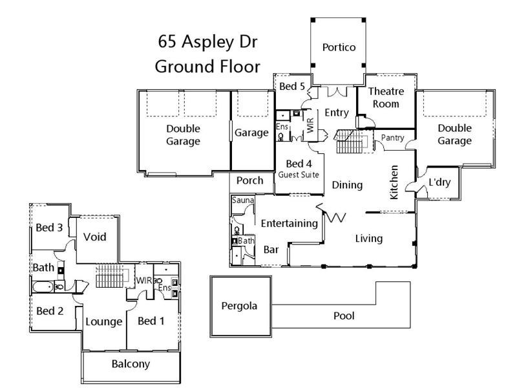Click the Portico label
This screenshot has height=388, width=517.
(x=340, y=47)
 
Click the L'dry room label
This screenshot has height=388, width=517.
(x=439, y=183)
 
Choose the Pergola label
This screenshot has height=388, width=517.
(x=239, y=306)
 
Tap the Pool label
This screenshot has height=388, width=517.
(x=343, y=317)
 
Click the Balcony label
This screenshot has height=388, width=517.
(x=131, y=364)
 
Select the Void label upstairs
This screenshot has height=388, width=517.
(x=94, y=237)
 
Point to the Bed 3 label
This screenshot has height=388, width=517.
(x=49, y=228)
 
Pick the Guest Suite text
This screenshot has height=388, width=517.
(x=299, y=175)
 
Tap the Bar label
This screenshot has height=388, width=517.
(x=271, y=250)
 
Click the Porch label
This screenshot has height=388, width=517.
(x=249, y=180)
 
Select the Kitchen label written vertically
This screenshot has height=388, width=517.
(x=394, y=182)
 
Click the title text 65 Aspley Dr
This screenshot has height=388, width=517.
(x=209, y=43)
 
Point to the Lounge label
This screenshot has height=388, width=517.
(x=104, y=322)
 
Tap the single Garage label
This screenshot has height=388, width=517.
(x=251, y=133)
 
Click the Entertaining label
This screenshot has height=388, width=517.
(x=290, y=224)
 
